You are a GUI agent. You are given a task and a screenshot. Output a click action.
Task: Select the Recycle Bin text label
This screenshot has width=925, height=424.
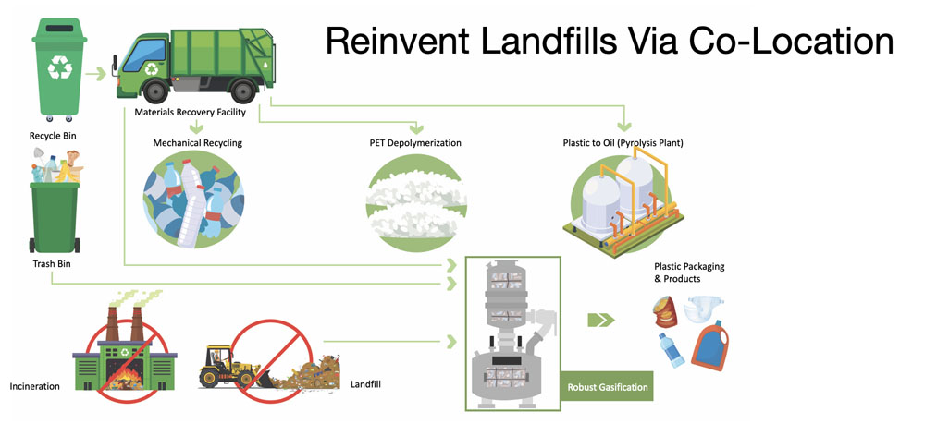click(51, 137)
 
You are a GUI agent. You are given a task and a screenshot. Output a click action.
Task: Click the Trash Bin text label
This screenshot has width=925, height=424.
click(50, 264)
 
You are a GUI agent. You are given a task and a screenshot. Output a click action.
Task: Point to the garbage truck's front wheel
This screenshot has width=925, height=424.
click(151, 92)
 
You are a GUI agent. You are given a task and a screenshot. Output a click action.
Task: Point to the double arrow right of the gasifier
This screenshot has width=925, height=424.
click(601, 320)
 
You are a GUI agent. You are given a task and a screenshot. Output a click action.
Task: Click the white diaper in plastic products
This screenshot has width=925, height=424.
click(704, 313)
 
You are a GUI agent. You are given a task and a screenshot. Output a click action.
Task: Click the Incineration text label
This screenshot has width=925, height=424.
click(34, 385)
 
